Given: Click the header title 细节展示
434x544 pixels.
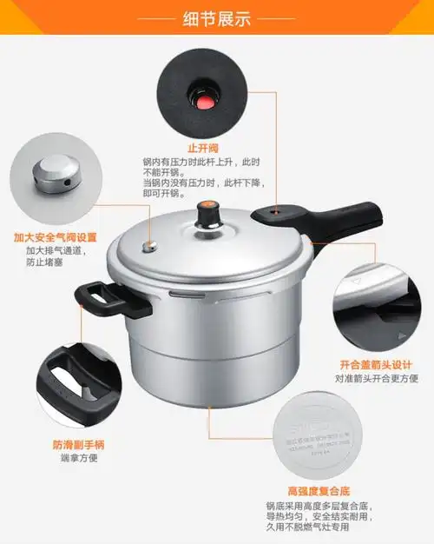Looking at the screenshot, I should [x=217, y=17].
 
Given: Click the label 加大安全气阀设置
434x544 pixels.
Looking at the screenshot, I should [x=55, y=237].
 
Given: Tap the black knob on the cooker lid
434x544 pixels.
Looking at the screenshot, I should [x=207, y=211].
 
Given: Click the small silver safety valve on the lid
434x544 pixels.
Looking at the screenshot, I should [x=151, y=247].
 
